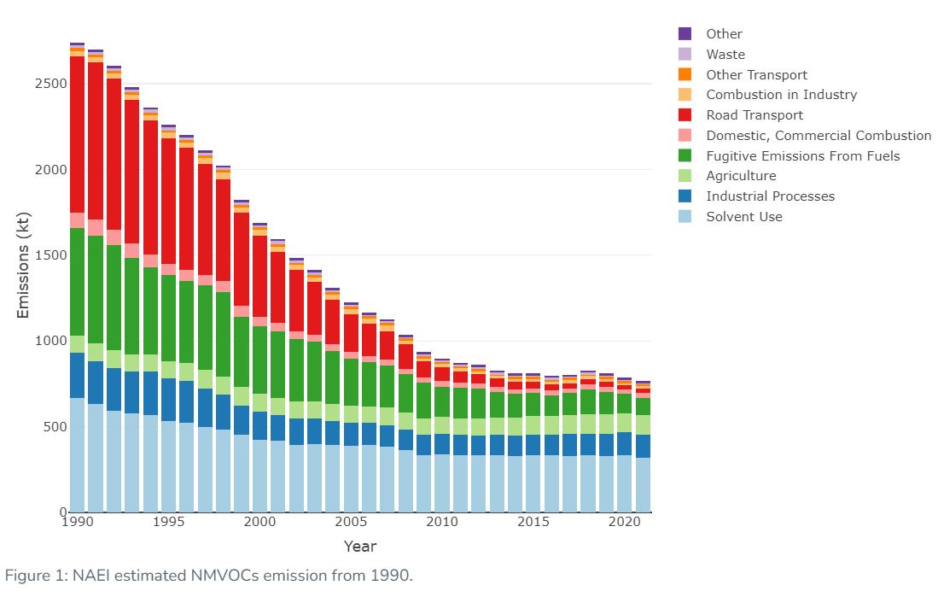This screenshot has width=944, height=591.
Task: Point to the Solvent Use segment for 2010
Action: tap(441, 483)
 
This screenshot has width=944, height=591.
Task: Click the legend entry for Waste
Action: tap(725, 55)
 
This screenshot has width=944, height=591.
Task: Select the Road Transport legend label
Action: tap(754, 115)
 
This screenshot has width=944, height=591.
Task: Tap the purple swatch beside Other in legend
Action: tap(685, 34)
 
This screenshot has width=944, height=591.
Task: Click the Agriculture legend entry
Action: tap(740, 176)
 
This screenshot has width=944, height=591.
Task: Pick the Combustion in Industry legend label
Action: tap(781, 95)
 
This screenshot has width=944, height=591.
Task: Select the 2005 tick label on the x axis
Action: tap(351, 523)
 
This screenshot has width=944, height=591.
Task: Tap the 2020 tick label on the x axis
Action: tap(624, 523)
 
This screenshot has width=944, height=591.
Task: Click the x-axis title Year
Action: tap(359, 547)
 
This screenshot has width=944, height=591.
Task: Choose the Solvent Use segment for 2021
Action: tap(642, 484)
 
